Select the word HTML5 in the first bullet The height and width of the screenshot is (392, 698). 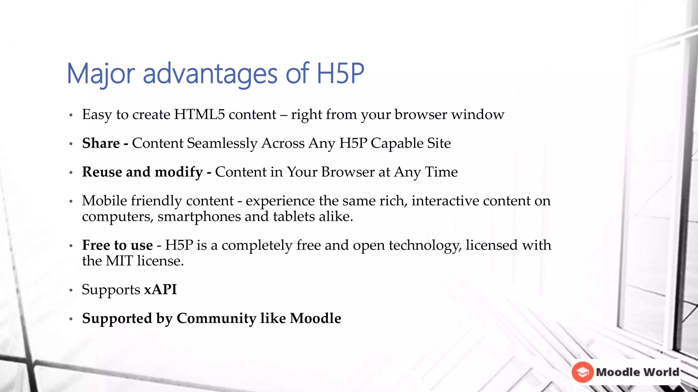click(x=199, y=114)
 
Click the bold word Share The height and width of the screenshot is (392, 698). click(x=101, y=143)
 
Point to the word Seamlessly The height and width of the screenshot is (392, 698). click(x=222, y=143)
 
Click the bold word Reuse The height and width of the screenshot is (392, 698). click(x=102, y=172)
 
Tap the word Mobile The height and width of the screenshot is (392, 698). click(x=105, y=201)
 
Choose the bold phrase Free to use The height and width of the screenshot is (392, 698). click(x=117, y=245)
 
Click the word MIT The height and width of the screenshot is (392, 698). click(x=119, y=261)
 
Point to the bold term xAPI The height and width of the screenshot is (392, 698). click(x=161, y=290)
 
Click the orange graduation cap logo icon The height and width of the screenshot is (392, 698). click(x=583, y=372)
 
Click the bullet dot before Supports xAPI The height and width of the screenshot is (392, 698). click(x=71, y=290)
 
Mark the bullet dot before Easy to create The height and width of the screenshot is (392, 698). click(x=71, y=115)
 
